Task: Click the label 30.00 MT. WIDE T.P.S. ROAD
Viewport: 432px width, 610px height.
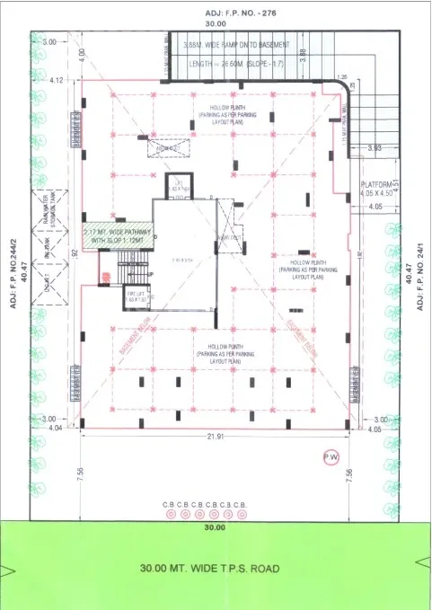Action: click(210, 568)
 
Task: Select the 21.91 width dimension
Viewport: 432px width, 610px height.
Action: click(214, 436)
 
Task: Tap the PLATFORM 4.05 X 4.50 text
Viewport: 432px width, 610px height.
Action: click(368, 187)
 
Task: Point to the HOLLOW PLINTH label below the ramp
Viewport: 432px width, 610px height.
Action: click(222, 114)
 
